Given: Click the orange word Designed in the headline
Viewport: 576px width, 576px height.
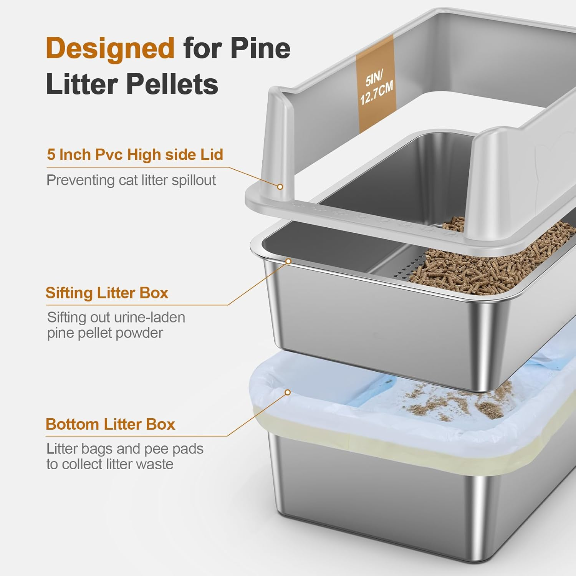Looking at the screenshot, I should (x=110, y=48).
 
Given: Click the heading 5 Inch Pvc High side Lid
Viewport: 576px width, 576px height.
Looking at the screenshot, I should (x=135, y=155).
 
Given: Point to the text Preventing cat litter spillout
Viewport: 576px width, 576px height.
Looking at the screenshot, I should (x=131, y=180).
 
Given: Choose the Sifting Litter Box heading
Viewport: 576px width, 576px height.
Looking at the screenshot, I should (x=107, y=293).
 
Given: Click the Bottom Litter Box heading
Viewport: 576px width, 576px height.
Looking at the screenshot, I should (x=110, y=424).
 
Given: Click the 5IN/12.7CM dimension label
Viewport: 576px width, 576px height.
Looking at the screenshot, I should (x=376, y=88).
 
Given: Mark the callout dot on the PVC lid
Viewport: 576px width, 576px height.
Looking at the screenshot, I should (x=280, y=187).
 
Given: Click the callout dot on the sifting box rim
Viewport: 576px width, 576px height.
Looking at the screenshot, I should (x=288, y=262).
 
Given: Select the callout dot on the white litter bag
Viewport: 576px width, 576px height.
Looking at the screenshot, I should (x=287, y=392).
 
